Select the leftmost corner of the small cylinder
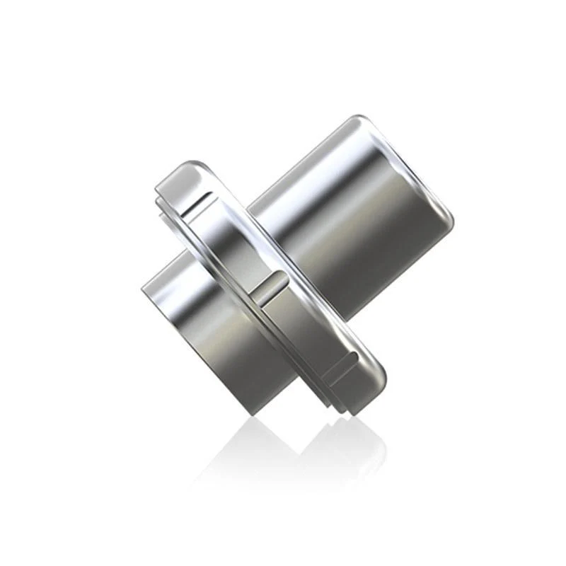tap(143, 290)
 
